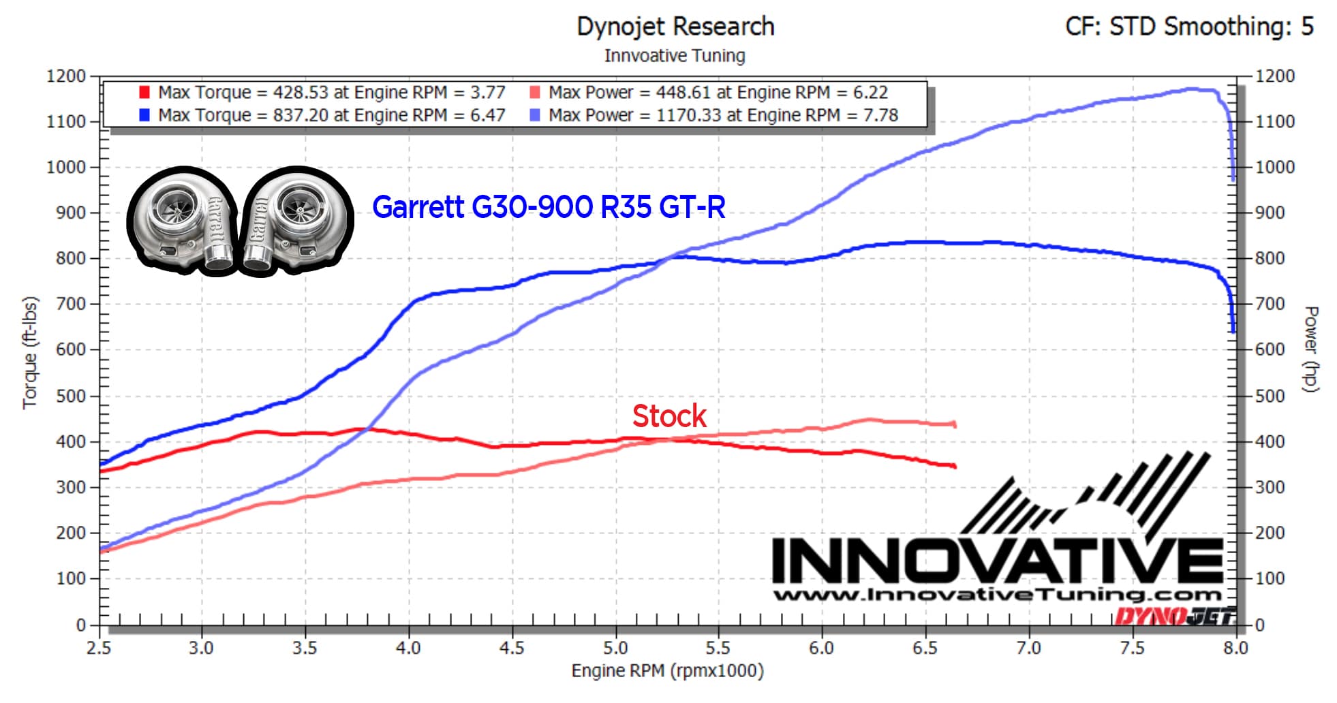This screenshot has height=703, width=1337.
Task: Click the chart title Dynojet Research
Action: click(675, 27)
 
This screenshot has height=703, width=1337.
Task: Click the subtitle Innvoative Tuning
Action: click(675, 56)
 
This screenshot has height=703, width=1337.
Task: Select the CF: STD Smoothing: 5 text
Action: click(1189, 27)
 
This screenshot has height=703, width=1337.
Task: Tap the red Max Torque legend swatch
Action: click(144, 92)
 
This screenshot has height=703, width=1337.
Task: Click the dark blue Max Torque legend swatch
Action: click(144, 115)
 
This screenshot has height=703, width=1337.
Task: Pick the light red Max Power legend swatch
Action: click(535, 92)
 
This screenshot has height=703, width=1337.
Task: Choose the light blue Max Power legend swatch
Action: click(535, 115)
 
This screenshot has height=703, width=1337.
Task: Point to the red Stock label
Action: click(669, 416)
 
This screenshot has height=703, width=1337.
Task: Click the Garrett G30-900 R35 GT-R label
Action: click(549, 207)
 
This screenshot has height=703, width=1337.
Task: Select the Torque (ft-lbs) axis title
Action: click(30, 352)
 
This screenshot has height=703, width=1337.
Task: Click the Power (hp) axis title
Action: click(1310, 349)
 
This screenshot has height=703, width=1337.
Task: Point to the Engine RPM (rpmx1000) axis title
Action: click(667, 671)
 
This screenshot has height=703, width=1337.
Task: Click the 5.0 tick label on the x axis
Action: click(615, 648)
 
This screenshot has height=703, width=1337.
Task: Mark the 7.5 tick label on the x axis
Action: click(1132, 648)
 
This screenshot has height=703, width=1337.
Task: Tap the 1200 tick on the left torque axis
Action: click(65, 76)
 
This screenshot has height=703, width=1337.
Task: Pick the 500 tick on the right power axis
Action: click(1270, 396)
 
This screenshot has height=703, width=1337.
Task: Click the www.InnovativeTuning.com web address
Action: click(996, 595)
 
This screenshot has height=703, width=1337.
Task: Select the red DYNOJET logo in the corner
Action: click(1173, 616)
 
